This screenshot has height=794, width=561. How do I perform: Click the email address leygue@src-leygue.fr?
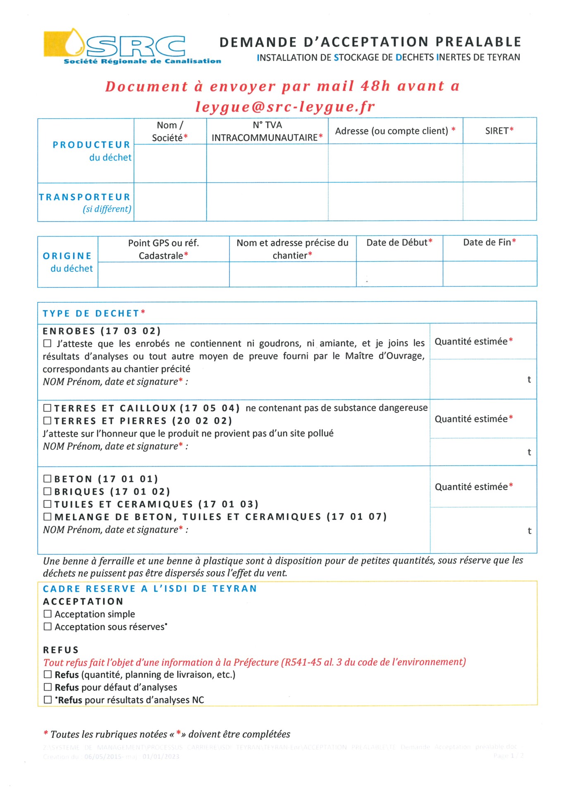[285, 107]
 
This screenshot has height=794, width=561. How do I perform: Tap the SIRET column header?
[499, 131]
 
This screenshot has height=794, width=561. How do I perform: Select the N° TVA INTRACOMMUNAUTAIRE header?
[267, 131]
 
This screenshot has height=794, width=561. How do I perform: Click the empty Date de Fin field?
[489, 274]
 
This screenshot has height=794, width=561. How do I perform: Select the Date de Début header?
[399, 243]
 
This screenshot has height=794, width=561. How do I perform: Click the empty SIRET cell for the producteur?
[499, 163]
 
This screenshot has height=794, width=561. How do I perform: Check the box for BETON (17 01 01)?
[48, 479]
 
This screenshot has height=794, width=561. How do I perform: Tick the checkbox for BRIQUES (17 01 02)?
[48, 491]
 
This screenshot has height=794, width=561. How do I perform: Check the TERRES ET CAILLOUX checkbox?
[48, 408]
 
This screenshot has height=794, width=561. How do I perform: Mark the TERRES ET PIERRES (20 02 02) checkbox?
[48, 421]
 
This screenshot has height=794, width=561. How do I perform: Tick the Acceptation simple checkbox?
[48, 614]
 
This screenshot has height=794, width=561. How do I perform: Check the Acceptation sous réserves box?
[48, 627]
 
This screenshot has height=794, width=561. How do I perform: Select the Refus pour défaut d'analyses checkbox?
[48, 687]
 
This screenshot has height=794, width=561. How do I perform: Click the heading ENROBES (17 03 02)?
[102, 331]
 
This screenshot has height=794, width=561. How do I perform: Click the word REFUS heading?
[61, 650]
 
